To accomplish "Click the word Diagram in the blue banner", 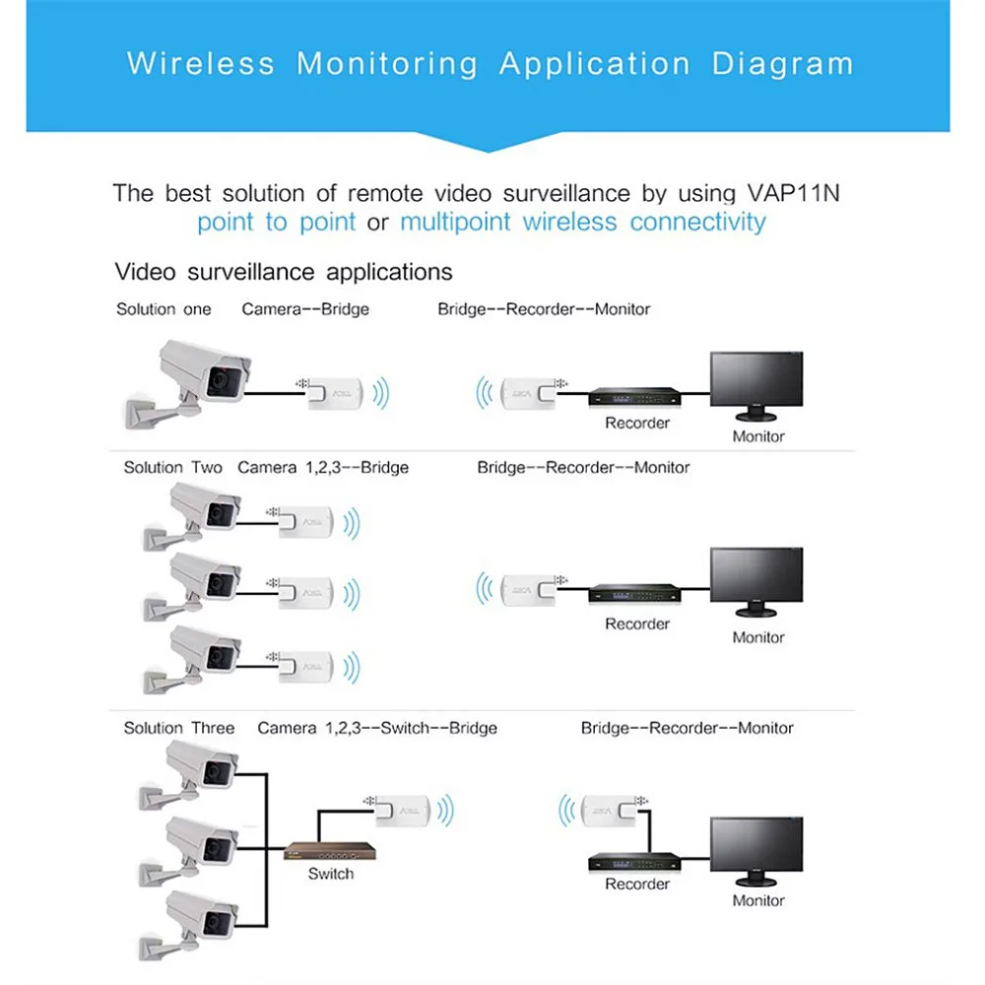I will [x=782, y=65].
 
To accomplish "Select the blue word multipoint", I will [x=457, y=222].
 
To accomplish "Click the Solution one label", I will [x=164, y=309].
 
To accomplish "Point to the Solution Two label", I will [x=172, y=467].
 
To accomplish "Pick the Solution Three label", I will [x=178, y=728].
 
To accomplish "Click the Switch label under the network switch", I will [x=330, y=873].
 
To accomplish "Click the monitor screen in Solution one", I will [x=756, y=385].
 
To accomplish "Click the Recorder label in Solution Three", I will [x=637, y=884].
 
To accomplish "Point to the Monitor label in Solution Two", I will [x=757, y=637].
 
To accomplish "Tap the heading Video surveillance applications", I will [x=284, y=272].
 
